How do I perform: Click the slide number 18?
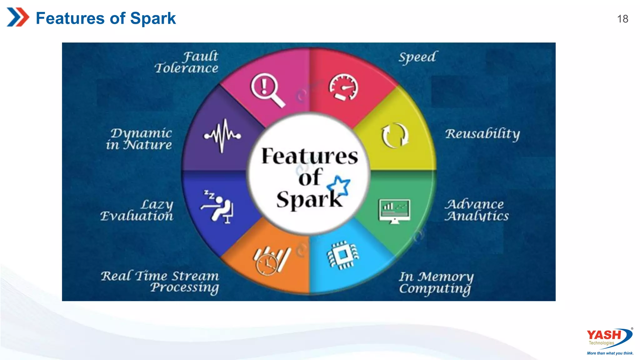622,19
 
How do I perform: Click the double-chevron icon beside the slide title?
18,17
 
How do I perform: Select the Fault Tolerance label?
187,62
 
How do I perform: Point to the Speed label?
417,57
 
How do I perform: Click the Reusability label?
482,134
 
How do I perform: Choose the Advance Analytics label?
477,210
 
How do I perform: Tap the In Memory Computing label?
436,282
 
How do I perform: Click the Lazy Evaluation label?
137,210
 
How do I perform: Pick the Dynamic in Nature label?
139,139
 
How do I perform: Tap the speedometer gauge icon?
343,87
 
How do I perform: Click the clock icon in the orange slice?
267,264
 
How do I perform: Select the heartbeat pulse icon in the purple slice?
222,136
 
